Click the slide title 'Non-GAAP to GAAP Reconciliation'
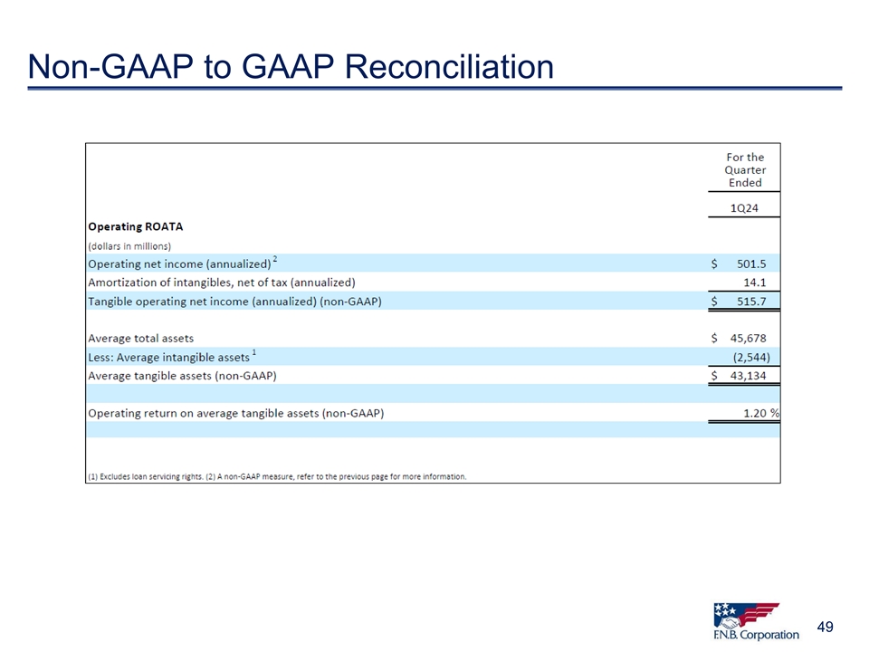291,66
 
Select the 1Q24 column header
744,208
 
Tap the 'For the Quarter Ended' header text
745,169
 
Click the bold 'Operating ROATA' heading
135,226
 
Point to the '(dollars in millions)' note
129,245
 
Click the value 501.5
751,264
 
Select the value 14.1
754,283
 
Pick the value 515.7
751,301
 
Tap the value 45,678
748,338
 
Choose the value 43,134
748,375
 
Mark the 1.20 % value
761,413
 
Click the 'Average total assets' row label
141,338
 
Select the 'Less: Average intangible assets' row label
169,357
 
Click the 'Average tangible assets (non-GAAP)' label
182,375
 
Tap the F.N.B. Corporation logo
756,621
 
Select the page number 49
825,627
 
